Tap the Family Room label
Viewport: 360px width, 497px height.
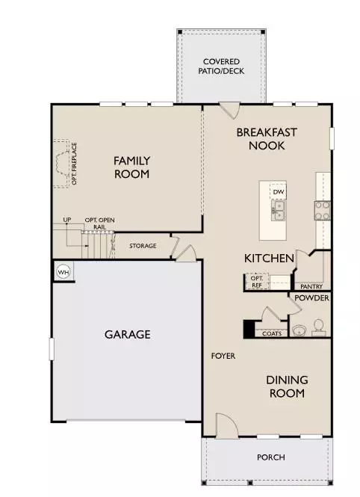(131, 167)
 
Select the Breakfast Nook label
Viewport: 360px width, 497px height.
(267, 139)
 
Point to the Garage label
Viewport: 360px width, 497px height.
(127, 334)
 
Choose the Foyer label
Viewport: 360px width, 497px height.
(223, 356)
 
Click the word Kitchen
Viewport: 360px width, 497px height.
(269, 259)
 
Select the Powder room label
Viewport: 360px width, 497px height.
(312, 297)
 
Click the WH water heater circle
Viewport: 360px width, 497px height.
(63, 271)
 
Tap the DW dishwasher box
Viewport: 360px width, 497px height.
(279, 192)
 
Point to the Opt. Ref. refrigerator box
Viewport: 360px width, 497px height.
(256, 282)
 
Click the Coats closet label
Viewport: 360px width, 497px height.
(272, 333)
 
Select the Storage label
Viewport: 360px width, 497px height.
(143, 246)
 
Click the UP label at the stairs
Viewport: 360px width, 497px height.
(66, 220)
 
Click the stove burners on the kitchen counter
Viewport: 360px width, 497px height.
(323, 210)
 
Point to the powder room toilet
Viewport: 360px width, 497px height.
(318, 326)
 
